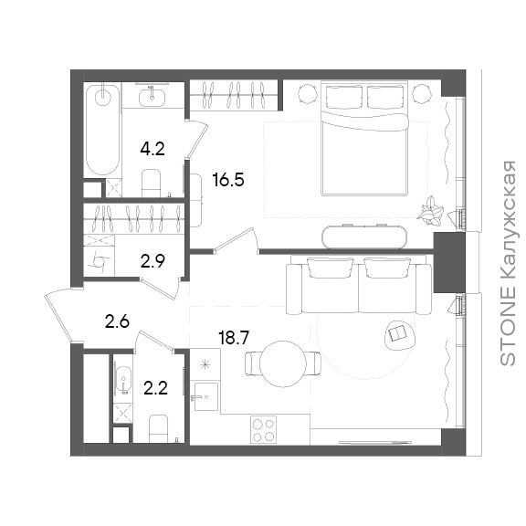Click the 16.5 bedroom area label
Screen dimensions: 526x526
click(x=228, y=180)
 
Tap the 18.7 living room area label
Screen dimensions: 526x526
click(x=234, y=337)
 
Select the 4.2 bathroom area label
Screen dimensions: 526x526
click(x=153, y=149)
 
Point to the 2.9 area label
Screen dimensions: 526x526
click(x=153, y=261)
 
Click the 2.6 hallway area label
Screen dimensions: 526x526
click(x=117, y=321)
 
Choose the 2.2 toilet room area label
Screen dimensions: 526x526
click(x=155, y=388)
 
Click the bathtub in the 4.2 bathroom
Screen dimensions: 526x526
click(x=102, y=129)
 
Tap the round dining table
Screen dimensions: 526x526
click(x=283, y=364)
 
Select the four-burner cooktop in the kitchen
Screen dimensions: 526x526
click(x=263, y=430)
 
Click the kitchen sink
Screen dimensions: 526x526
click(x=206, y=396)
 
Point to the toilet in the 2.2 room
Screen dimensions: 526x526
click(x=158, y=428)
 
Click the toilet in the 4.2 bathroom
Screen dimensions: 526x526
click(x=152, y=184)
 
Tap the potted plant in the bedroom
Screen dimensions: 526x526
click(x=430, y=211)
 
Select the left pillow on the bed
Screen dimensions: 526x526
click(x=344, y=97)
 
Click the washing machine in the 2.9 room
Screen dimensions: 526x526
click(x=99, y=261)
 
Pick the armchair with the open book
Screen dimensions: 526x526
click(x=399, y=335)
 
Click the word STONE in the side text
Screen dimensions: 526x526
click(x=507, y=326)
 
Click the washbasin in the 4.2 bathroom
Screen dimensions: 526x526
click(x=152, y=95)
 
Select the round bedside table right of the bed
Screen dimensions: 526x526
click(x=422, y=93)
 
